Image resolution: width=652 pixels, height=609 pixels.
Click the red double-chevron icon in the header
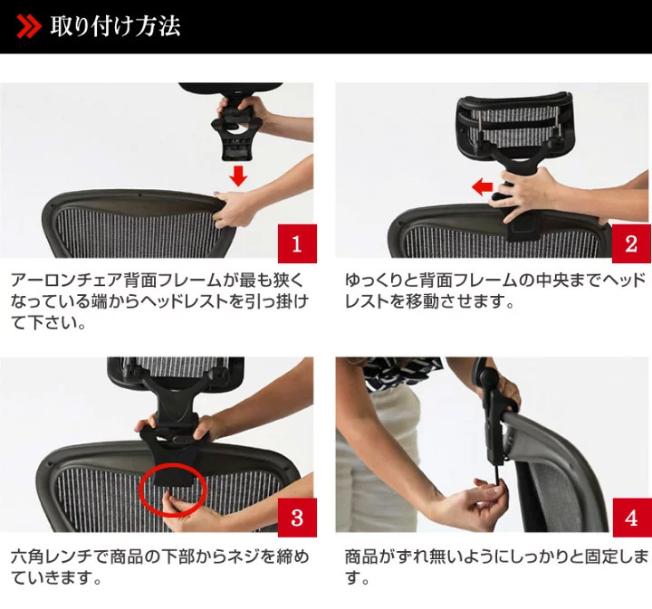(29, 26)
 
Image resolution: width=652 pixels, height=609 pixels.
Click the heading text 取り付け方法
(116, 26)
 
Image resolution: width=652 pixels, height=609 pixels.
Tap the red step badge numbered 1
(297, 243)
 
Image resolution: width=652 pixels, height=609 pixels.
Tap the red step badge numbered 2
(631, 243)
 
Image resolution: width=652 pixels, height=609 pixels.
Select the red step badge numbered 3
(297, 518)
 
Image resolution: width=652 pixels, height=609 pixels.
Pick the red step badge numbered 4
(631, 518)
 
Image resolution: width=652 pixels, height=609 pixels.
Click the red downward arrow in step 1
(238, 176)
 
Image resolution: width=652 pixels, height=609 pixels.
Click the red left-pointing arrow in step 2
(483, 186)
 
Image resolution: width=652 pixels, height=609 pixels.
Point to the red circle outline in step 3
(173, 464)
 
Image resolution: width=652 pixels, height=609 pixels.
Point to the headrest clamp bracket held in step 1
(237, 133)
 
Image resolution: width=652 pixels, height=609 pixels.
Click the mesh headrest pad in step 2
(515, 122)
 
